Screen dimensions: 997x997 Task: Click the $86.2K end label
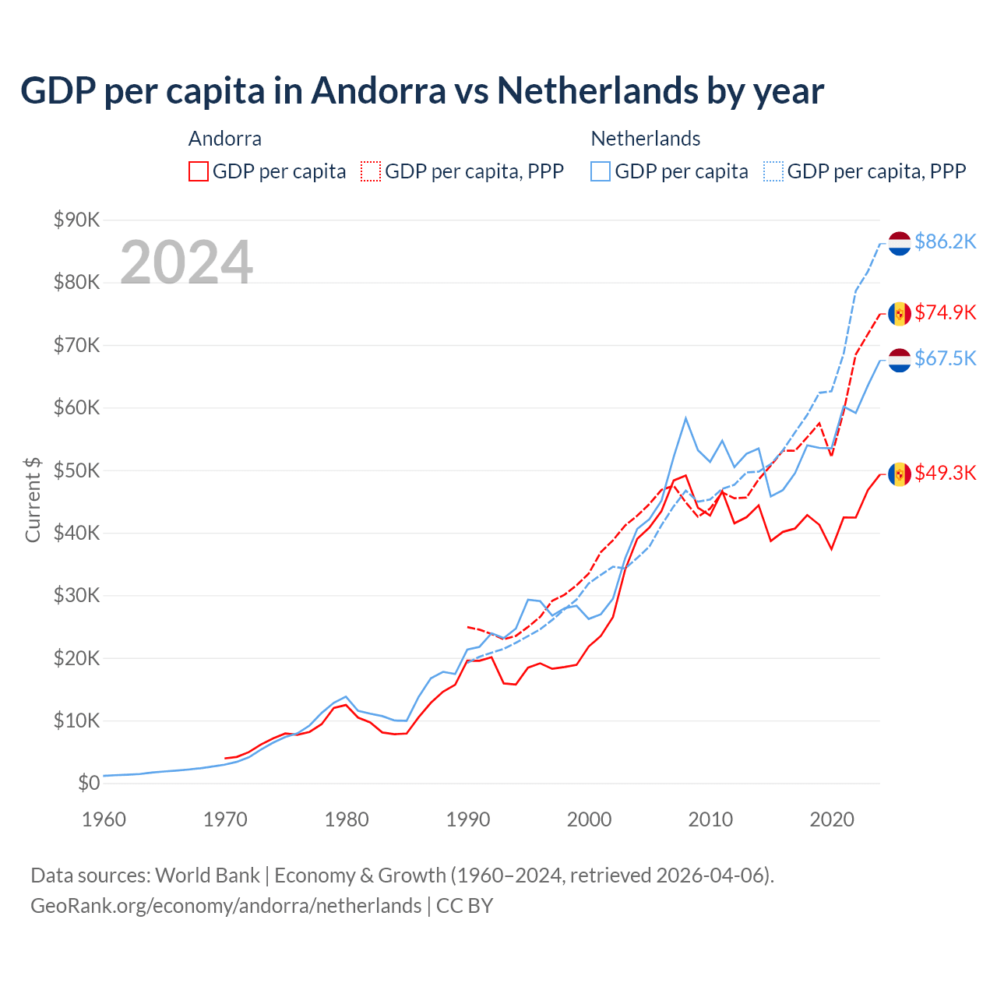coord(945,241)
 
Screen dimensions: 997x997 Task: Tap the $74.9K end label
coord(945,312)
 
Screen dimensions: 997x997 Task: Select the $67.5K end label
coord(945,358)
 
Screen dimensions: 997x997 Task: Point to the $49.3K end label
coord(945,473)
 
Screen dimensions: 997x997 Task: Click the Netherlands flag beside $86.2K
coord(900,243)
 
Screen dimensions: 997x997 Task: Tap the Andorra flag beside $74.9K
coord(900,313)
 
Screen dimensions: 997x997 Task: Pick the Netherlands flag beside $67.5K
coord(900,360)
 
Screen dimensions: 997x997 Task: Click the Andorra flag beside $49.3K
coord(900,474)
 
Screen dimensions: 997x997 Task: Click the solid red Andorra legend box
coord(199,171)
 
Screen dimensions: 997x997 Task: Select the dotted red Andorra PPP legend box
coord(371,171)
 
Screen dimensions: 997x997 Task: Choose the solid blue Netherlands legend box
coord(601,171)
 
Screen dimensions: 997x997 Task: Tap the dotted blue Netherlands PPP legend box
coord(773,171)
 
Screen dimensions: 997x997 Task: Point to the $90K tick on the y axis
coord(76,220)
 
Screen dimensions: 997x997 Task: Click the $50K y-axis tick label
coord(76,470)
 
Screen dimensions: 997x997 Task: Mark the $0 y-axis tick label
coord(89,783)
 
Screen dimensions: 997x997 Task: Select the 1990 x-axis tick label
coord(468,819)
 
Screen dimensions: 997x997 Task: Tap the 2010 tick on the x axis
coord(710,819)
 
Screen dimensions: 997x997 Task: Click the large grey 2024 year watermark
coord(186,262)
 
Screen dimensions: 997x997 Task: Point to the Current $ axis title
coord(33,500)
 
